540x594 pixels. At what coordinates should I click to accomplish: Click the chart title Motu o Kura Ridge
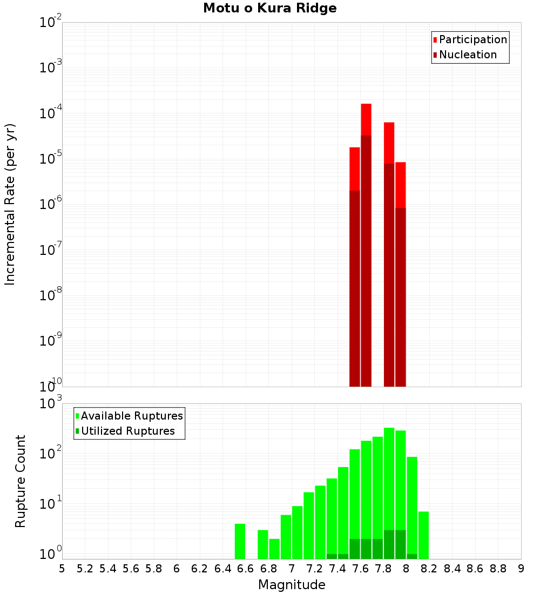[x=269, y=9]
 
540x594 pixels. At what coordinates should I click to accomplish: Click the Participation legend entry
[x=473, y=39]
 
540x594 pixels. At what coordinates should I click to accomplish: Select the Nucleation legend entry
[x=468, y=55]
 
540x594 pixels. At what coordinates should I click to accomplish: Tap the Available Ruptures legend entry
[x=131, y=416]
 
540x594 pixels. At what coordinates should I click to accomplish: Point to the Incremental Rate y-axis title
[x=10, y=204]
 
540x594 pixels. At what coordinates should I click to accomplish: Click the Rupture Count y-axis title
[x=21, y=481]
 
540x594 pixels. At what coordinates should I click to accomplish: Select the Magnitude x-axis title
[x=292, y=585]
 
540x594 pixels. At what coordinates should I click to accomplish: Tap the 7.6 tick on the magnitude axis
[x=360, y=569]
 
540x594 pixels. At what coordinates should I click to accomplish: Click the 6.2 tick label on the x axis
[x=199, y=569]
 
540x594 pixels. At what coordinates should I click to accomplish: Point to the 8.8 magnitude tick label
[x=498, y=569]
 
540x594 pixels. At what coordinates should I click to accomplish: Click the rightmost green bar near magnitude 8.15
[x=423, y=535]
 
